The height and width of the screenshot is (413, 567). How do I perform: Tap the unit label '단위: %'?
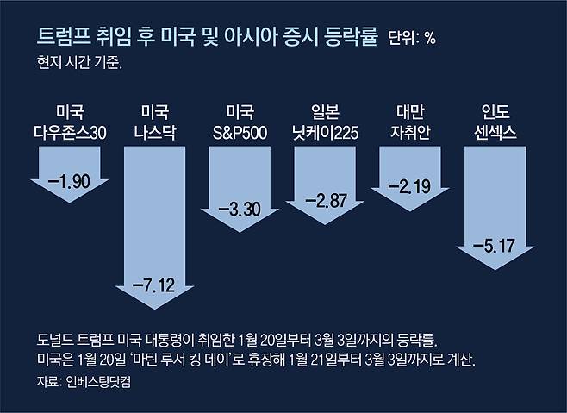(x=414, y=40)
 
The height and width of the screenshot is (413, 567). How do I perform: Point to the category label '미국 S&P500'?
(x=239, y=122)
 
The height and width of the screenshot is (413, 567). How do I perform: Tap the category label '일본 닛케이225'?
(x=325, y=122)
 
